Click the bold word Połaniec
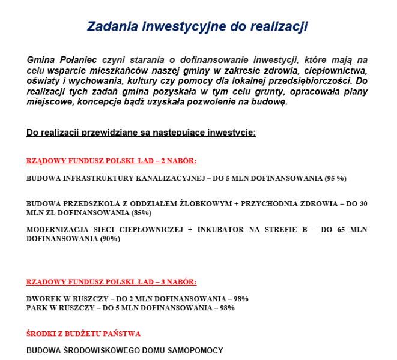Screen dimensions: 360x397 [78, 60]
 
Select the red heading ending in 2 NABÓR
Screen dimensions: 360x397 [112, 161]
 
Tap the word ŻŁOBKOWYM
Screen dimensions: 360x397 [202, 203]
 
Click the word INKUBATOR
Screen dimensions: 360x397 [222, 230]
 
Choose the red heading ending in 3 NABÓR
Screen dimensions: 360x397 [112, 281]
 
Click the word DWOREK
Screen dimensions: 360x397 [43, 299]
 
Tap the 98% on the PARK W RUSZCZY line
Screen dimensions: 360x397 [227, 308]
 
